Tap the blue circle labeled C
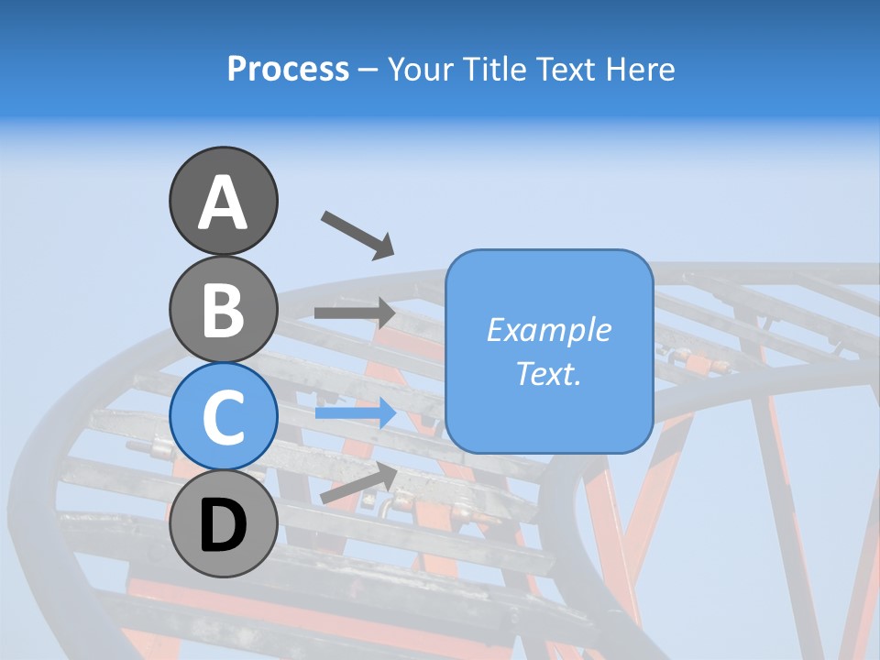tap(223, 417)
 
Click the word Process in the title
tap(288, 70)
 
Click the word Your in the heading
tap(420, 70)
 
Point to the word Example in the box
tap(548, 330)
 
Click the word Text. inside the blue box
tap(548, 374)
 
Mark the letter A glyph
tap(223, 203)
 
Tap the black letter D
tap(223, 525)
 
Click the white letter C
tap(223, 417)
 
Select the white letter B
tap(223, 310)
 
